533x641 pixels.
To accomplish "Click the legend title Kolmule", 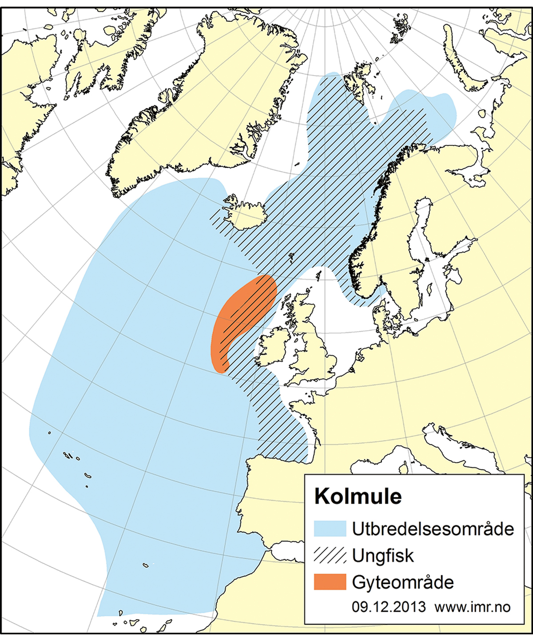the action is click(x=358, y=496).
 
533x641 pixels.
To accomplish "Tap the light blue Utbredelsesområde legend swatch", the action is click(x=330, y=529).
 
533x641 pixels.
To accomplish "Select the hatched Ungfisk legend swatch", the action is click(x=330, y=555).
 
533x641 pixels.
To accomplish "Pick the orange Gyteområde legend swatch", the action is click(x=330, y=582).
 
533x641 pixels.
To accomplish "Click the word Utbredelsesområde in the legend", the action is click(x=433, y=529).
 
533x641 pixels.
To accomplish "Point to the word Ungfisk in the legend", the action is click(x=383, y=556).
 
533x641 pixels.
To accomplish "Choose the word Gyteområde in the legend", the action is click(x=403, y=582).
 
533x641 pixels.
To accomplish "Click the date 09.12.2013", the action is click(x=389, y=607).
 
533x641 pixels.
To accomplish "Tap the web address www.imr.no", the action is click(x=473, y=607).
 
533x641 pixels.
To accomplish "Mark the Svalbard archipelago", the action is click(x=358, y=80).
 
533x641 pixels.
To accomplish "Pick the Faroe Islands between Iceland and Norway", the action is click(x=291, y=256).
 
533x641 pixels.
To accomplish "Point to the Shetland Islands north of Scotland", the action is click(x=318, y=275).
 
